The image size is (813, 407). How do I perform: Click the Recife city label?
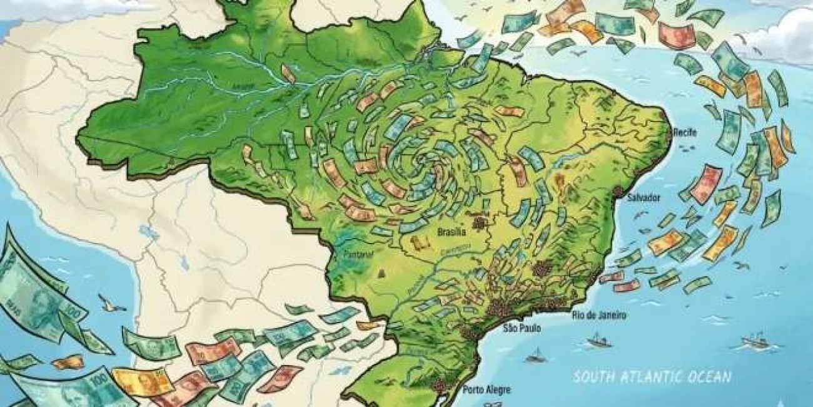pyautogui.click(x=684, y=132)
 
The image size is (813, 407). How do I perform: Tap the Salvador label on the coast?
pyautogui.click(x=643, y=197)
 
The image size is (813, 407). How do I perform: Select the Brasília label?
pyautogui.click(x=452, y=232)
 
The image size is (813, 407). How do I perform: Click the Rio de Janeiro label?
pyautogui.click(x=598, y=315)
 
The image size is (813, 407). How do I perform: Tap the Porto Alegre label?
pyautogui.click(x=487, y=390)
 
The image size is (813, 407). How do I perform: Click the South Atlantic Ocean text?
pyautogui.click(x=652, y=377)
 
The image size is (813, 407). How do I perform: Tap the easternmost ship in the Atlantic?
pyautogui.click(x=754, y=342)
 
